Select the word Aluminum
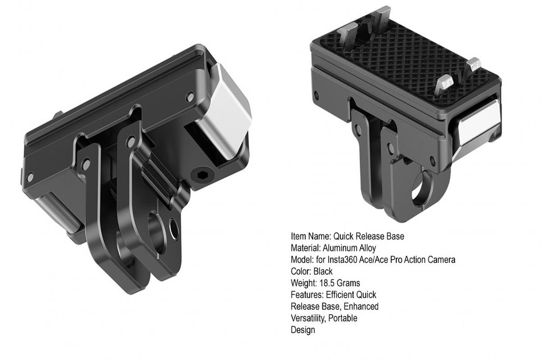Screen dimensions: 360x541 342,248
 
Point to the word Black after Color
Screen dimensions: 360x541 322,271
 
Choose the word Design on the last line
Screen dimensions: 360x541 303,330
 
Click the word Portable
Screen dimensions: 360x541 343,318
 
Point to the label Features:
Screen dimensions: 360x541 306,295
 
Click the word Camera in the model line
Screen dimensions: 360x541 442,260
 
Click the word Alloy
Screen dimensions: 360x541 368,248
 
